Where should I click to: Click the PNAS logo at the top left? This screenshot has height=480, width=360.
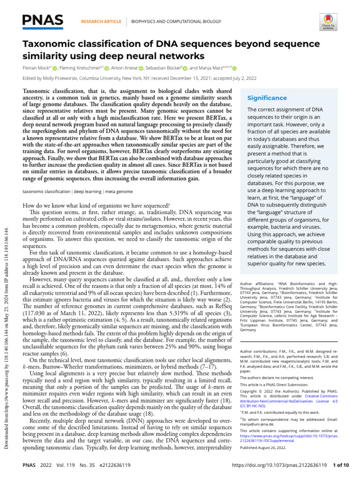coord(43,20)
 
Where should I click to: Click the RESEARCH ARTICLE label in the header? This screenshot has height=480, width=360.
coord(101,22)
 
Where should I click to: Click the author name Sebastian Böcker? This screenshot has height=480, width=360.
coord(162,68)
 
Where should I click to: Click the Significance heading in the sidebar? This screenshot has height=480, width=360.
coord(267,98)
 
